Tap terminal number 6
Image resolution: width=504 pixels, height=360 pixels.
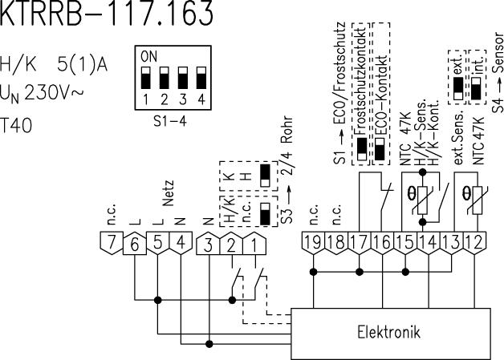[x=134, y=241]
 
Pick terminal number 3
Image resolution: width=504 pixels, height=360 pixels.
[x=209, y=241]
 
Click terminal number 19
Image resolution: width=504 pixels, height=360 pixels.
[x=315, y=241]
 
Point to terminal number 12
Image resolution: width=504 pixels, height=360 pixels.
[x=480, y=241]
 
